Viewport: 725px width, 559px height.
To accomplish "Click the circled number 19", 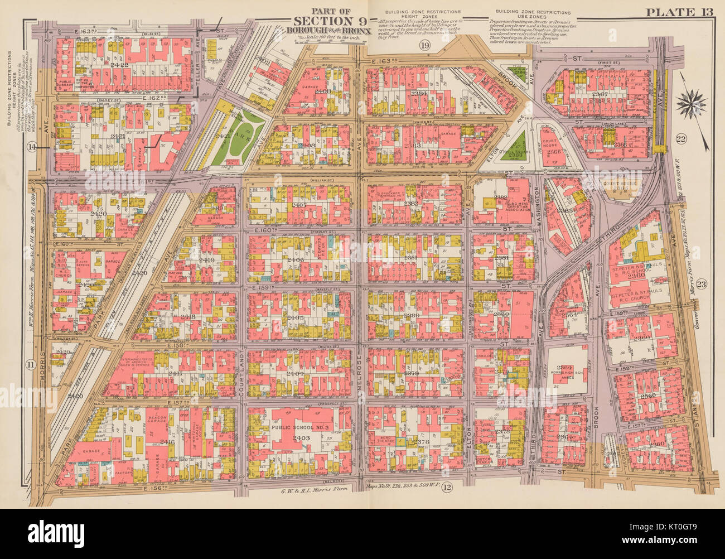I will point(426,45).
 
